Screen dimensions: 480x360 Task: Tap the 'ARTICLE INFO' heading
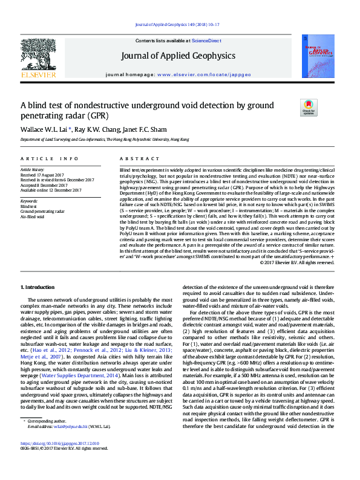(50, 158)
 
